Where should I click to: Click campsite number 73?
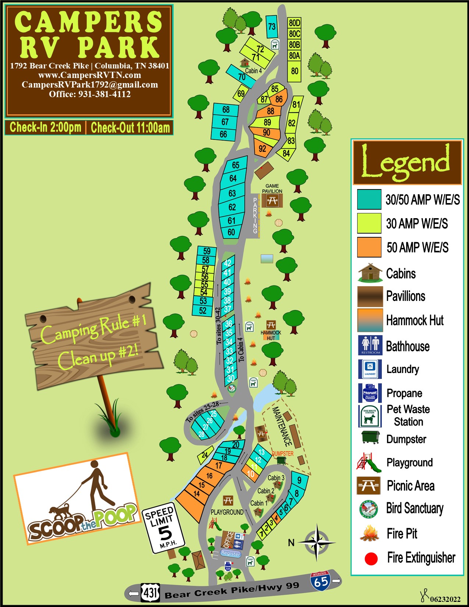pyautogui.click(x=272, y=26)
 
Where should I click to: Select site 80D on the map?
pyautogui.click(x=294, y=23)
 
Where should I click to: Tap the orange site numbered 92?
pyautogui.click(x=262, y=149)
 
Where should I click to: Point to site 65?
pyautogui.click(x=235, y=165)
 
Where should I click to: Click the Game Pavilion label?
pyautogui.click(x=272, y=188)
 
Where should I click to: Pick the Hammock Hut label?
pyautogui.click(x=271, y=335)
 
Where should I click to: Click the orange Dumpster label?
pyautogui.click(x=283, y=454)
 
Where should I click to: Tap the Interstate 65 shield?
pyautogui.click(x=320, y=581)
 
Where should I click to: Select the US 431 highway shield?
pyautogui.click(x=150, y=593)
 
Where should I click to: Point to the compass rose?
pyautogui.click(x=317, y=542)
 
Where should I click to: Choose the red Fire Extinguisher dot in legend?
pyautogui.click(x=371, y=559)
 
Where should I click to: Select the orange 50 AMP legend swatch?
pyautogui.click(x=369, y=247)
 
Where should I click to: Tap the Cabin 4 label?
pyautogui.click(x=253, y=71)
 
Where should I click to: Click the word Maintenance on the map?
pyautogui.click(x=282, y=427)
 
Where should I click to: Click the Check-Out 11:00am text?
pyautogui.click(x=130, y=128)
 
